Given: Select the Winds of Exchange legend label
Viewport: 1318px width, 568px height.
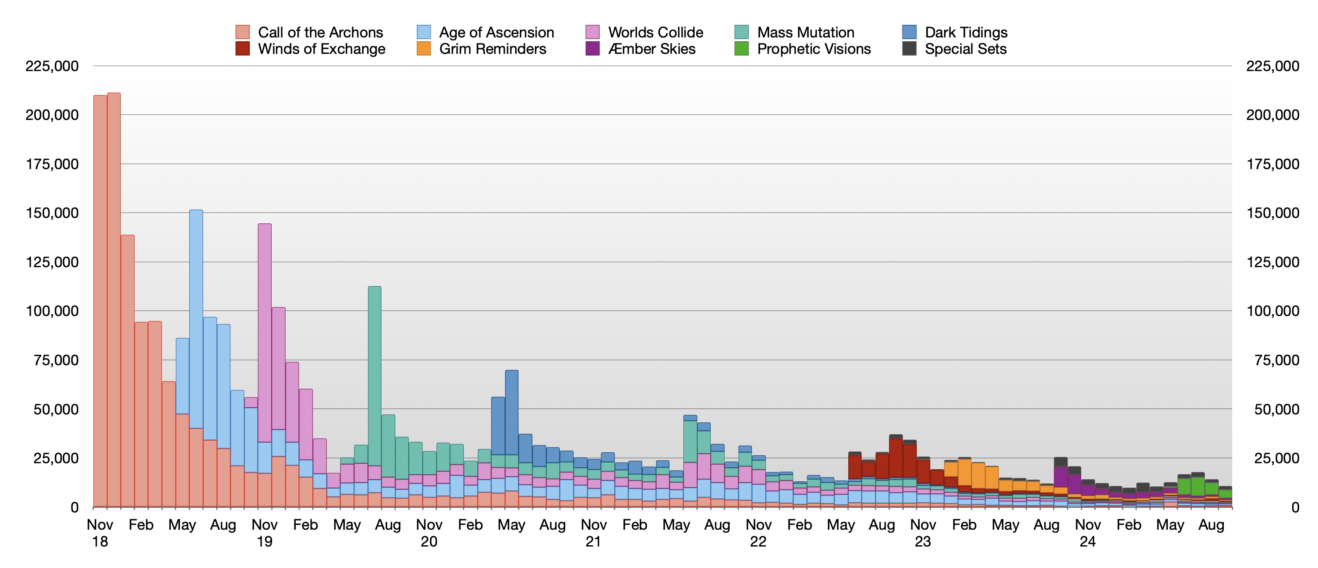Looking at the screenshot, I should pos(321,49).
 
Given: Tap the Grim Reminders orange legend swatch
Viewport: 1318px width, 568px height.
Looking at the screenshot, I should pos(423,49).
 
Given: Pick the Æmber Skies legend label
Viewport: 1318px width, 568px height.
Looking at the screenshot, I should pos(651,49).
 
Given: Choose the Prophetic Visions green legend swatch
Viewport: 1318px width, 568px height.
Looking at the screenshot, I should pos(741,49).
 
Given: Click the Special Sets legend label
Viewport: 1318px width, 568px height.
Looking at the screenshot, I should pos(966,49).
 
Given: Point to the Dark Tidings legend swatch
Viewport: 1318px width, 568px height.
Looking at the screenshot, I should pos(909,32).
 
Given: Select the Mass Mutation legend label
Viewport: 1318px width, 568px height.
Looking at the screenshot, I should pos(805,32).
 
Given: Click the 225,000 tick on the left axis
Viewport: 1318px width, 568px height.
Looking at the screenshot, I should pos(52,66).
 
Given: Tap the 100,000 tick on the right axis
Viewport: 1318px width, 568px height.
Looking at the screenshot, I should pos(1273,311).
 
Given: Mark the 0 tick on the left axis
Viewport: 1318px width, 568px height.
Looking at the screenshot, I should pos(75,507).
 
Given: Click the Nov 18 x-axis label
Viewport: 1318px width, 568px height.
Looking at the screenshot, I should pos(100,533).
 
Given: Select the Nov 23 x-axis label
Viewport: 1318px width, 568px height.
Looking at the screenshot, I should pos(923,533).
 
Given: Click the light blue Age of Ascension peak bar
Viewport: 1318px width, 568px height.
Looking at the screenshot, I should pos(196,317).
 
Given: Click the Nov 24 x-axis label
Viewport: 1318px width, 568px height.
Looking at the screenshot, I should pos(1088,533).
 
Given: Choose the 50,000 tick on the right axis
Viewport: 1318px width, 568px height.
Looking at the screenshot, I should pos(1276,409).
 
